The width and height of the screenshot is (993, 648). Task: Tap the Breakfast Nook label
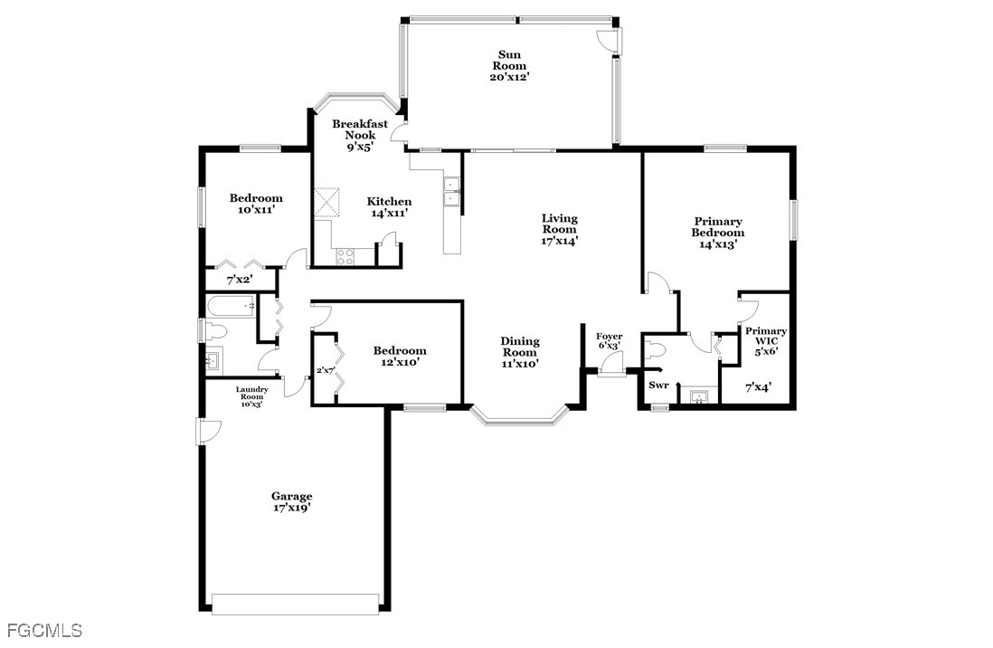pos(360,129)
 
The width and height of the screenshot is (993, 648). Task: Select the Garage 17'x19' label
pos(292,502)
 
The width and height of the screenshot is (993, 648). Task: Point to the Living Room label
pos(559,224)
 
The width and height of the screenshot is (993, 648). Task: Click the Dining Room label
pos(520,347)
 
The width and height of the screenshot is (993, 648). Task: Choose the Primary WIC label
pos(766,336)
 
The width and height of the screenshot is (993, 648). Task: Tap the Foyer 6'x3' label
pos(610,341)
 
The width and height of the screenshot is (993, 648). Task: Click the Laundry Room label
pos(252,393)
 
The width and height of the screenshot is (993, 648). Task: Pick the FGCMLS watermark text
pos(45,630)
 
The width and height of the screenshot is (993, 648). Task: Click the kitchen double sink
pos(452,192)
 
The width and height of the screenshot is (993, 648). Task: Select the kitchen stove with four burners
pos(345,256)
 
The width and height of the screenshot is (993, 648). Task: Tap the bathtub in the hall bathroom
pos(232,306)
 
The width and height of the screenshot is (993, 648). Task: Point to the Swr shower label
pos(658,385)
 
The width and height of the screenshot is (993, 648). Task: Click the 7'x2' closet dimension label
pos(240,280)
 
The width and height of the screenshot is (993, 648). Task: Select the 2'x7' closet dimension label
pos(326,370)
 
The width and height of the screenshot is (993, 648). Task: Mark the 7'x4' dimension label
pos(758,386)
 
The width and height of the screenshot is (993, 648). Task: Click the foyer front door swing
pos(610,363)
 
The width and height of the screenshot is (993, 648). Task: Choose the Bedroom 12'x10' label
pos(400,357)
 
